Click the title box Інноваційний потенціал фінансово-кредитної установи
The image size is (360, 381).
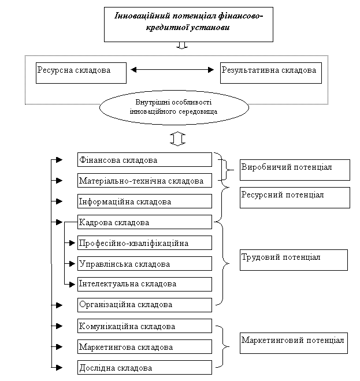point(188,24)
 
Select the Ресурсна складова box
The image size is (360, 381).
point(81,73)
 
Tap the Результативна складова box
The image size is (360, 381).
point(271,73)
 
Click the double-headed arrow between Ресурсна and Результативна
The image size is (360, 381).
point(172,70)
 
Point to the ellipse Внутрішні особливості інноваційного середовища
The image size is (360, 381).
point(174,107)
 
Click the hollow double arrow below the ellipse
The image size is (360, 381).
point(177,139)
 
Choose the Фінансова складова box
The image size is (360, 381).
point(144,160)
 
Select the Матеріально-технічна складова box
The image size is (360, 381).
point(144,180)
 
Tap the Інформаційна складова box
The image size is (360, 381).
point(144,201)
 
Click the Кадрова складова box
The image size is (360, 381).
point(144,222)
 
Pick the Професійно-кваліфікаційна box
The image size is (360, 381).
point(144,242)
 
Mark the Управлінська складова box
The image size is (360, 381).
point(144,263)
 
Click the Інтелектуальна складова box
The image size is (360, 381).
point(144,284)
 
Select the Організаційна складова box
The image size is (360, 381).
point(144,305)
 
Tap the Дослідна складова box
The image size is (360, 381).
point(144,367)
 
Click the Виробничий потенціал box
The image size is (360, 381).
point(295,170)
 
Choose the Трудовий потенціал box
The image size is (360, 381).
point(294,260)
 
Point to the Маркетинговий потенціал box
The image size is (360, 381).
point(294,343)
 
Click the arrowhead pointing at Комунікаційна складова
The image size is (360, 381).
point(60,326)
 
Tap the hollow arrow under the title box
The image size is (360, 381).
point(182,46)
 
